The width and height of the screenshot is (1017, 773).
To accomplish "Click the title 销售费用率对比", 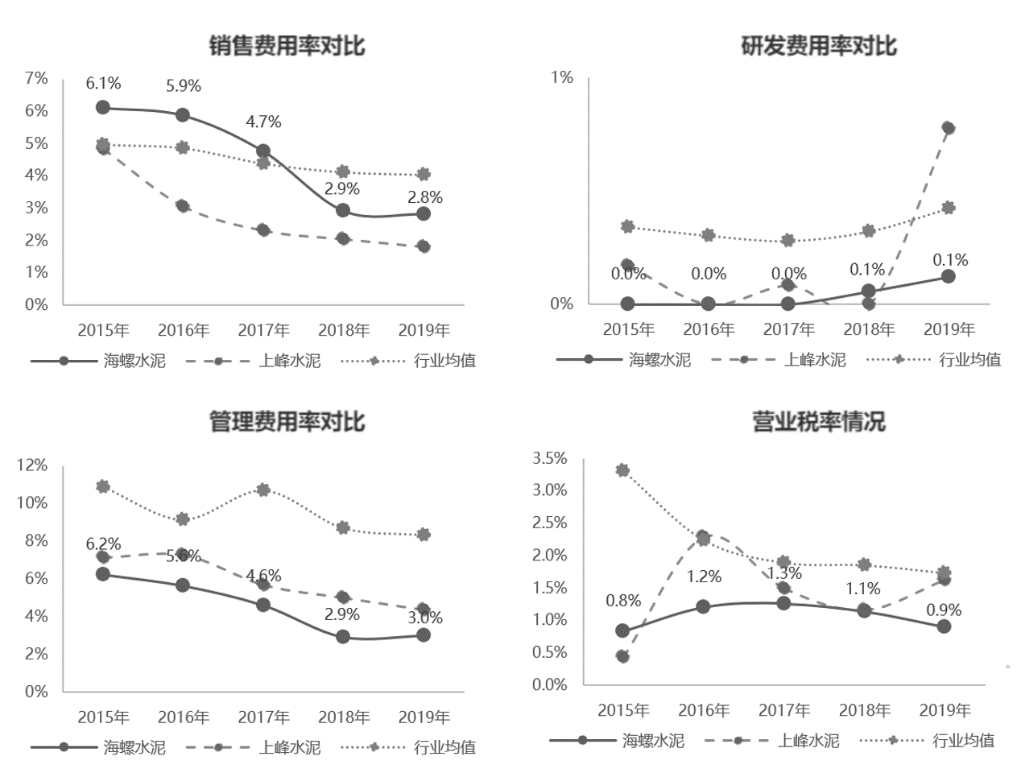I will click(287, 45).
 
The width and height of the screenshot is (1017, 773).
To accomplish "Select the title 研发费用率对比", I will click(819, 45).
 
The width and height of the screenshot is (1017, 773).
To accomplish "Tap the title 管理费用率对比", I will click(287, 421).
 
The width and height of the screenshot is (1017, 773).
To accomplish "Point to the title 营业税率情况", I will click(819, 421).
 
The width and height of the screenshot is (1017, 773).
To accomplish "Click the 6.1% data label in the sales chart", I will click(103, 83).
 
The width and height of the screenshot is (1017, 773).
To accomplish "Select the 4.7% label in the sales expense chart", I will click(263, 122).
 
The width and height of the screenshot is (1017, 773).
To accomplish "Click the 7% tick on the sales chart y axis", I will click(37, 78).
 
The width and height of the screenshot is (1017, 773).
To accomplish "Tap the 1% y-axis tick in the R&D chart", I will click(562, 77).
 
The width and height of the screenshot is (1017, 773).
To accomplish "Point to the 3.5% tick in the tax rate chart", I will click(550, 458).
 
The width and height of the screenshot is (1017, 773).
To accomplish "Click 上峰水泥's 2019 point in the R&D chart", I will click(948, 128).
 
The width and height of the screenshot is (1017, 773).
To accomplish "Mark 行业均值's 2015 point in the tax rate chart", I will click(622, 470).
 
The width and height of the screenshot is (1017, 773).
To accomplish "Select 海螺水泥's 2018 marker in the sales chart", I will click(343, 210).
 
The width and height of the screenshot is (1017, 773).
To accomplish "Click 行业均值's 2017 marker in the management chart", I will click(263, 489).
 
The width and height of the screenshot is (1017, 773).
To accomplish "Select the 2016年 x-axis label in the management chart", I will click(184, 717).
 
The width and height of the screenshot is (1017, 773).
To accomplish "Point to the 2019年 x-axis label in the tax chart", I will click(945, 710).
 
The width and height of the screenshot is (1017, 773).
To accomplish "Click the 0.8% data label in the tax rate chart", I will click(623, 601).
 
